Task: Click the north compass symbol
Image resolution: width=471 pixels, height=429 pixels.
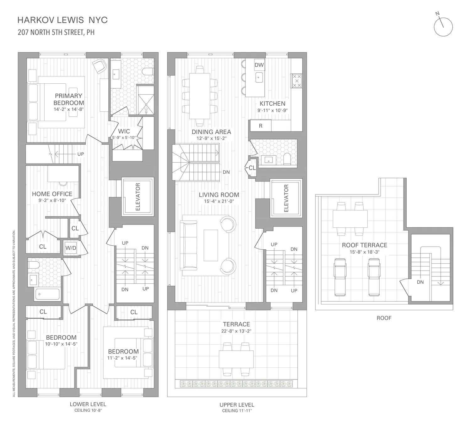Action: [443, 27]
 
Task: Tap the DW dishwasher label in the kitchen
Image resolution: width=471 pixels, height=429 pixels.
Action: [259, 65]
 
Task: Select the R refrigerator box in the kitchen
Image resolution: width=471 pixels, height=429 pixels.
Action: [261, 126]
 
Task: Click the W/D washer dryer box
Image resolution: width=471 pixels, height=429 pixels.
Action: [71, 248]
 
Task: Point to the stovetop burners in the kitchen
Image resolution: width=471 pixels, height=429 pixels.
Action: [297, 81]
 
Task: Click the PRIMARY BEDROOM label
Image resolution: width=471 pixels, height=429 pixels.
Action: [68, 99]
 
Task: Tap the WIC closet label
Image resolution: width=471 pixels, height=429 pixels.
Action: [124, 131]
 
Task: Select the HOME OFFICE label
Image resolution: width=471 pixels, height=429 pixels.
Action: [52, 194]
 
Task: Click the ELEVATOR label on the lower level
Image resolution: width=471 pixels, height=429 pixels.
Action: [138, 197]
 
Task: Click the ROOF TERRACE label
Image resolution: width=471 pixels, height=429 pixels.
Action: [365, 245]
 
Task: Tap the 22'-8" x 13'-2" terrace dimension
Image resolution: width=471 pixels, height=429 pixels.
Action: [236, 331]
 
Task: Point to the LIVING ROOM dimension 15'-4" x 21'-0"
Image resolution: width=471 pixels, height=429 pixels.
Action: [219, 202]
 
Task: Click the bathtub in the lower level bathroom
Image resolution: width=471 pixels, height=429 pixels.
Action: [47, 294]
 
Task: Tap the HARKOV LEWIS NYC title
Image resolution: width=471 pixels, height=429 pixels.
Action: [62, 20]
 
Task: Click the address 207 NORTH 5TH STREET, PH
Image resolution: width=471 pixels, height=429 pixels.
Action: [56, 32]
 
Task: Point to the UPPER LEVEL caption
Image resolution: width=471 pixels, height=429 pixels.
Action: [237, 405]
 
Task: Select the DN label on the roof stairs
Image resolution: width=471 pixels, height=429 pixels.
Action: [420, 282]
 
